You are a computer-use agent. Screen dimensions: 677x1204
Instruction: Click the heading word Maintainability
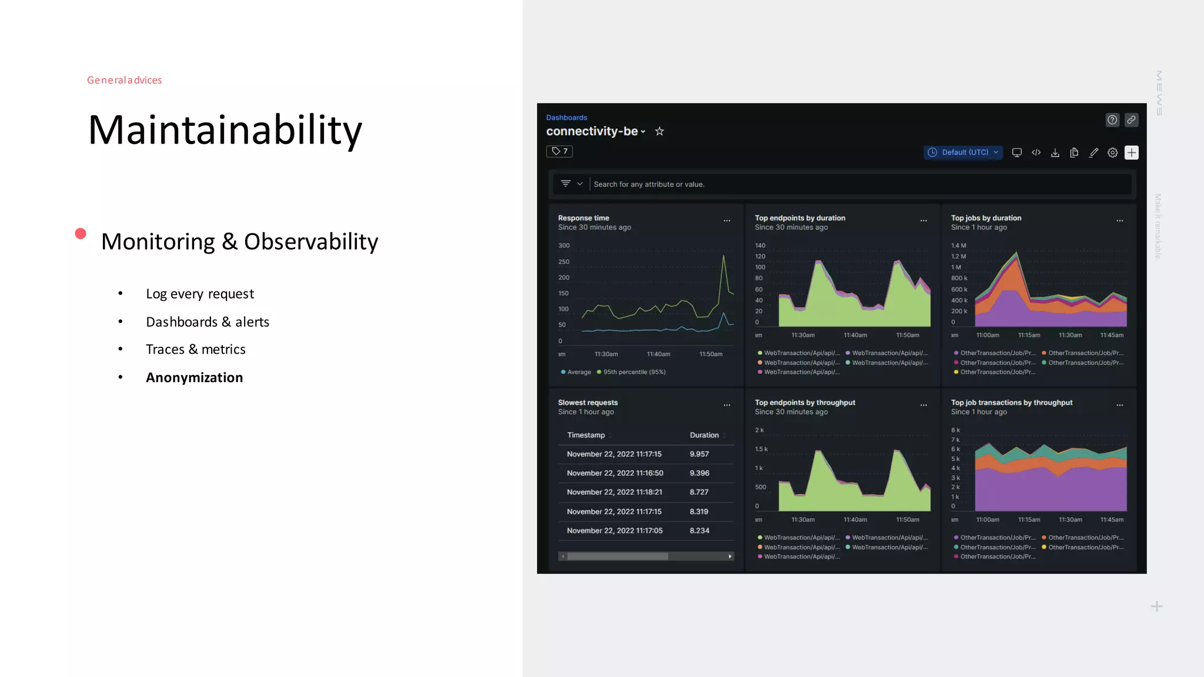pos(225,130)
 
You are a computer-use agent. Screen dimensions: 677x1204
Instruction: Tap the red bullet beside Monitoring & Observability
pos(81,234)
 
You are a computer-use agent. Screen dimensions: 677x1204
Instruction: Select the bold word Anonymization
pos(194,377)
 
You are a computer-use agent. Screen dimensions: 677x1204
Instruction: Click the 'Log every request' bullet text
pos(200,294)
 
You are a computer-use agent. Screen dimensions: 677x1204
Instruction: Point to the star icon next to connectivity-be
pos(660,132)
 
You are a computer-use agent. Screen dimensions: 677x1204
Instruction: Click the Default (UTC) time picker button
pos(963,152)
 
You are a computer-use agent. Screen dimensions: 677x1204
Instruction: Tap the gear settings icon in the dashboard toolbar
pos(1112,153)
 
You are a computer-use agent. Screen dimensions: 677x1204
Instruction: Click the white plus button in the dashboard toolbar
pos(1131,153)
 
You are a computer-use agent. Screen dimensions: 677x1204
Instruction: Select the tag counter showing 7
pos(560,152)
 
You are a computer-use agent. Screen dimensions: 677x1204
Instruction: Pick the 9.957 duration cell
pos(699,454)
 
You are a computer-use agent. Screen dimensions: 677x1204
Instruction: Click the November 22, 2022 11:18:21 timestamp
pos(614,492)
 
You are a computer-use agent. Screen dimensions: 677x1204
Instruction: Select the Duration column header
pos(704,435)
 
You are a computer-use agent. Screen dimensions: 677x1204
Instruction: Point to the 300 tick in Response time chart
pos(564,246)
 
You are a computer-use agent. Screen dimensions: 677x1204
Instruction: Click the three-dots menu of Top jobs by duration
pos(1119,221)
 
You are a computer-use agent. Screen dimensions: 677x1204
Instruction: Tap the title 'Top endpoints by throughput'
pos(805,403)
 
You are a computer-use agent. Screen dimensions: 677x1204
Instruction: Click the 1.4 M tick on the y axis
pos(958,246)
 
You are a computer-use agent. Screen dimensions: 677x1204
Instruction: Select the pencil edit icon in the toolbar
pos(1093,153)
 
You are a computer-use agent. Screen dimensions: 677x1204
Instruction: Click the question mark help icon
pos(1112,120)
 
